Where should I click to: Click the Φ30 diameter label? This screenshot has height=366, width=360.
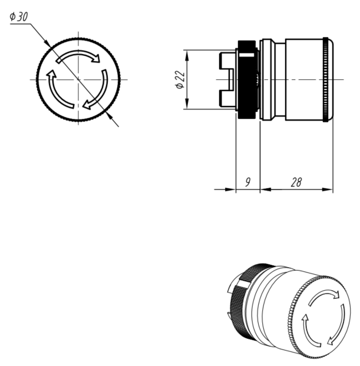[19, 16]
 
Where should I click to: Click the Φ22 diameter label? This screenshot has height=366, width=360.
[180, 79]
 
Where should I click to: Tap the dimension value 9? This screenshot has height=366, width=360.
[248, 182]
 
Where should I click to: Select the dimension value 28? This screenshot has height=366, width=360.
[296, 182]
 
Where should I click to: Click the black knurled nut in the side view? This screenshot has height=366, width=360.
[247, 79]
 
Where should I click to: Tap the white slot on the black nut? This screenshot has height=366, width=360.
[247, 55]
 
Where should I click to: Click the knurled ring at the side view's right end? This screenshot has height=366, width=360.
[325, 79]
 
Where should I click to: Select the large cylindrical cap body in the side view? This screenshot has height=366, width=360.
[304, 79]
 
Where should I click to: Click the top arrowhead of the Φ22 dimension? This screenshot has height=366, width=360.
[187, 55]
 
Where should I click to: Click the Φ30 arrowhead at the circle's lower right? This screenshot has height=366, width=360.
[108, 115]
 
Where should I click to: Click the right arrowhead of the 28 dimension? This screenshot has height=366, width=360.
[327, 189]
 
